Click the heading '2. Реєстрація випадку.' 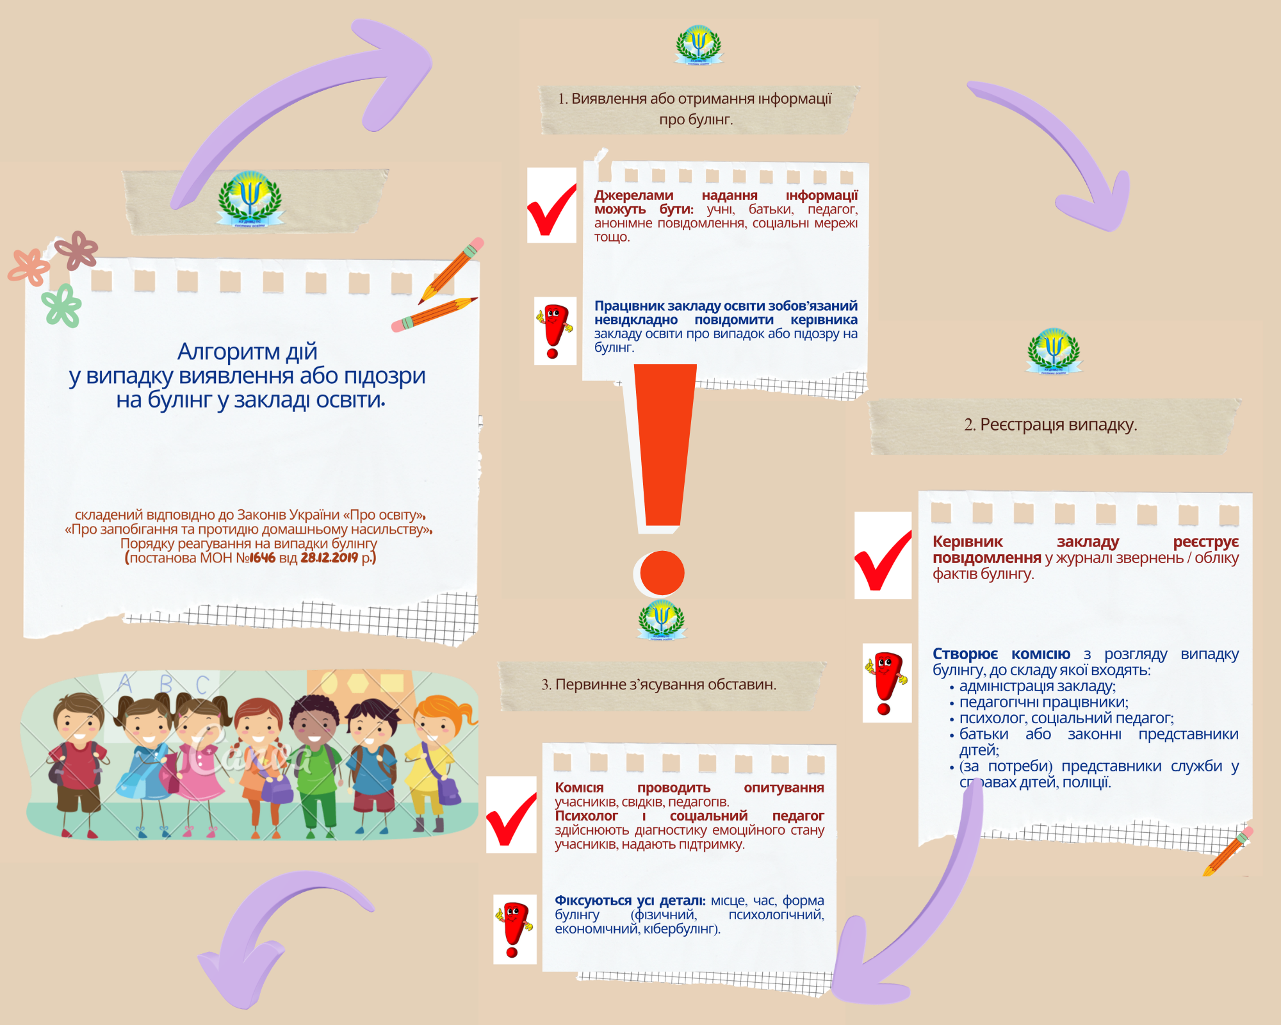pos(1050,425)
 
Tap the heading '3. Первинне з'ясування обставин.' pos(658,685)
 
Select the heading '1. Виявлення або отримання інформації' pos(695,99)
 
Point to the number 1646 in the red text pos(263,558)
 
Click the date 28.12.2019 pos(329,558)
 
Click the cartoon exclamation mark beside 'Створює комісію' pos(886,683)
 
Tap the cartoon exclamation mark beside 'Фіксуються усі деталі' pos(514,929)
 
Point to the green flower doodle pos(62,306)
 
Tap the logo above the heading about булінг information pos(698,45)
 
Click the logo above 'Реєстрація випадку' pos(1054,350)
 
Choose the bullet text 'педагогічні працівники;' pos(1043,702)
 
